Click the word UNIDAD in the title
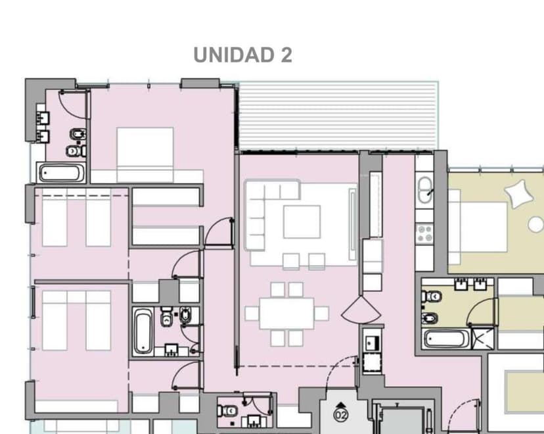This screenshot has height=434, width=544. click(234, 55)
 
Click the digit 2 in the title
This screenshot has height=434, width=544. click(286, 55)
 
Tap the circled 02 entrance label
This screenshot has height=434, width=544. click(341, 415)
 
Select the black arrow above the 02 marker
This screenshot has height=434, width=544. click(341, 405)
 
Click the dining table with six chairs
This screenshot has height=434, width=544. click(287, 314)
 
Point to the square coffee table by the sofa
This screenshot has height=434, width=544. click(302, 222)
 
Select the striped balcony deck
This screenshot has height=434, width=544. click(338, 116)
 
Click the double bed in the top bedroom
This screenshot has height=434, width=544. click(145, 155)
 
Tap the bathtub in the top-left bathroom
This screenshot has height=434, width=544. click(61, 173)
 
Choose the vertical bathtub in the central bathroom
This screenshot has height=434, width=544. click(143, 331)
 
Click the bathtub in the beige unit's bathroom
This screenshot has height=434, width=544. click(447, 339)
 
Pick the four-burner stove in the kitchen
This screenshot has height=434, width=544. click(424, 233)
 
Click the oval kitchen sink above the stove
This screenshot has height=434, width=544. click(424, 190)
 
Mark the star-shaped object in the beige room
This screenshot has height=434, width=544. click(519, 193)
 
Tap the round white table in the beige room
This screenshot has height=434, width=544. click(536, 224)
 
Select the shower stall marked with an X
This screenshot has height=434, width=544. click(482, 338)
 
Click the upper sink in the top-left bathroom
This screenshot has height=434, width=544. click(43, 118)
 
